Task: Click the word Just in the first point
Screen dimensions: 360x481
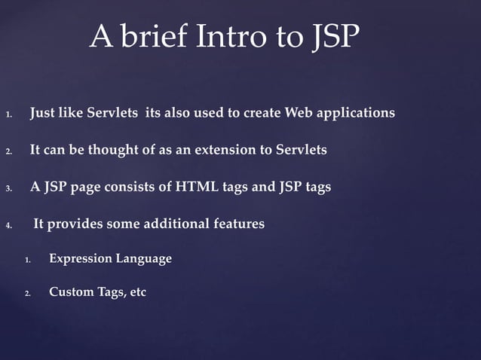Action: [43, 113]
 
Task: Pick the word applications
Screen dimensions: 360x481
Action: [357, 114]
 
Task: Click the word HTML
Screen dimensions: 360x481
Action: [198, 187]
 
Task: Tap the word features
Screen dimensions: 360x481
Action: [237, 224]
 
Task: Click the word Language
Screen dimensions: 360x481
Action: [143, 259]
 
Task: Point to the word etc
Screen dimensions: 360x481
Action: [138, 292]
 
